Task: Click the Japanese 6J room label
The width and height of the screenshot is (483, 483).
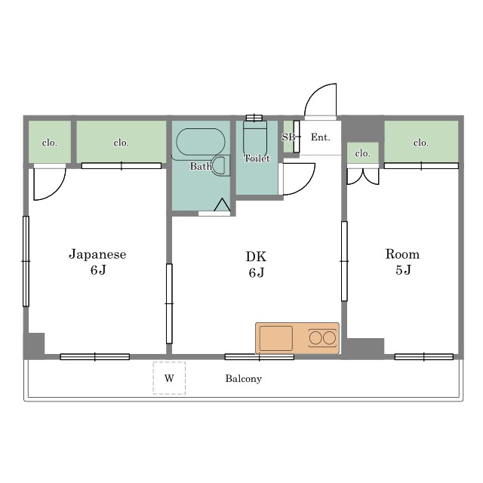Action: pos(97,262)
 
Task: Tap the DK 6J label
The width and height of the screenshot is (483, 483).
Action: pos(257,264)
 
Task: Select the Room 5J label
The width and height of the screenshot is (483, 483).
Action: pos(402,262)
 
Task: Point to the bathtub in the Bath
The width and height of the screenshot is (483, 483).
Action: pos(201,142)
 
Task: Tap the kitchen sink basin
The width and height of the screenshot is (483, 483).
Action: pos(276,338)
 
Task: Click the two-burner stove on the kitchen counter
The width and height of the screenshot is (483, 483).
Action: pos(322,338)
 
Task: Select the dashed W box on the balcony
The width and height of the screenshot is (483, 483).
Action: pos(169,378)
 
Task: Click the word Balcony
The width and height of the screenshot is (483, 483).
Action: pos(243,379)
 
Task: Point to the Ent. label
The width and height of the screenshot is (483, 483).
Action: pos(320,137)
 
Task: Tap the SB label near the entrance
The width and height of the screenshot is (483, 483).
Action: pos(288,137)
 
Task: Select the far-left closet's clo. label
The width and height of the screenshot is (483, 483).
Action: pos(50,143)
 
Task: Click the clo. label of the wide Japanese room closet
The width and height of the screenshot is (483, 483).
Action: pos(121,143)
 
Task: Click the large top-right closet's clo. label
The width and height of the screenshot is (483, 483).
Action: pos(421,143)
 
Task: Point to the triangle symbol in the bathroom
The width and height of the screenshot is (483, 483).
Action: pos(222,205)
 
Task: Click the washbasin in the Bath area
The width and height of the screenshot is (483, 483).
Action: pos(220,166)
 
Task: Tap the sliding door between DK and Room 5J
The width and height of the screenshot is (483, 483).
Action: pos(344,261)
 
